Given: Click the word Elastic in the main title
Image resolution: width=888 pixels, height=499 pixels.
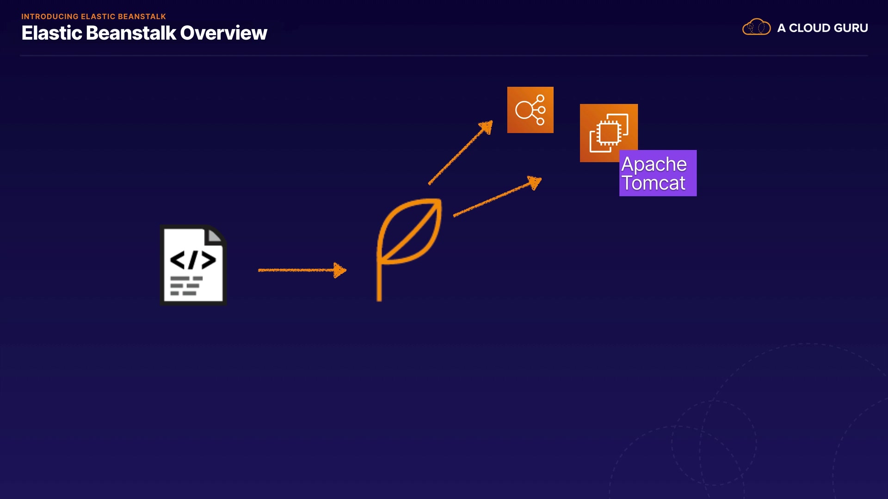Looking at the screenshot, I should click(51, 33).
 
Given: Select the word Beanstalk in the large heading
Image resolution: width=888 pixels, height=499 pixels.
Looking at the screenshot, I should click(131, 33).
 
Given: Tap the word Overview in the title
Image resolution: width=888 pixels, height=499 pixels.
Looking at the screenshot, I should click(223, 33).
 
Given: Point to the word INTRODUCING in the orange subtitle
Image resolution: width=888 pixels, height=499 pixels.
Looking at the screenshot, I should click(49, 17).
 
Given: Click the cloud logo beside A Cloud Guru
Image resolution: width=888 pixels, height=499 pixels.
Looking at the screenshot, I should click(756, 27).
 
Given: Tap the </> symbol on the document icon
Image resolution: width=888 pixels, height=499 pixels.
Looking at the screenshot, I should click(193, 260).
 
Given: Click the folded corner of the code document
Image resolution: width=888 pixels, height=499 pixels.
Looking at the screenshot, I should click(215, 235).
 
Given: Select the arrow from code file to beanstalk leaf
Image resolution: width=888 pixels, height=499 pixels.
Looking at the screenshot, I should click(301, 270).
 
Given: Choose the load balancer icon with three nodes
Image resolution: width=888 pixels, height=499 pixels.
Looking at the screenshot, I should click(530, 110).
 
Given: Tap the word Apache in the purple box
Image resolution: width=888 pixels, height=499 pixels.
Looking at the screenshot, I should click(654, 164).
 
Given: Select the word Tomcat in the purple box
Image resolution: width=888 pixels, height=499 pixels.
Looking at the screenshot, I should click(653, 183).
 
